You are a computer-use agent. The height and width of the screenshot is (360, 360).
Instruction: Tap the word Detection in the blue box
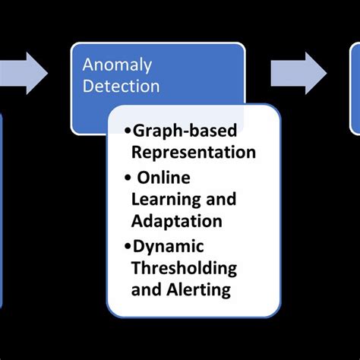pos(122,87)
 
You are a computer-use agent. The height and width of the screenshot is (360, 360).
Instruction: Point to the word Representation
pos(193,152)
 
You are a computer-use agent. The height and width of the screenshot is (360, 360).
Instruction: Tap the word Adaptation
pos(177,222)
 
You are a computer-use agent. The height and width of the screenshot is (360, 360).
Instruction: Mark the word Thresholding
pos(184,268)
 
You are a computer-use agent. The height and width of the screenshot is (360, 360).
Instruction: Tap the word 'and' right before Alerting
pos(147,290)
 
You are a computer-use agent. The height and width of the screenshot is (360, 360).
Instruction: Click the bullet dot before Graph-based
pos(127,131)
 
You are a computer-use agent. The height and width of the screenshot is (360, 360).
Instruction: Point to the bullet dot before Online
pos(128,178)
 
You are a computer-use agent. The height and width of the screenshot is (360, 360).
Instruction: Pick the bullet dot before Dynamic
pos(127,246)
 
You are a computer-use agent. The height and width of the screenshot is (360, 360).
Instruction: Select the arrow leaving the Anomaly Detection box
pos(298,73)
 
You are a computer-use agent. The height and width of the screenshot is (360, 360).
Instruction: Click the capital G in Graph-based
pos(139,130)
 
